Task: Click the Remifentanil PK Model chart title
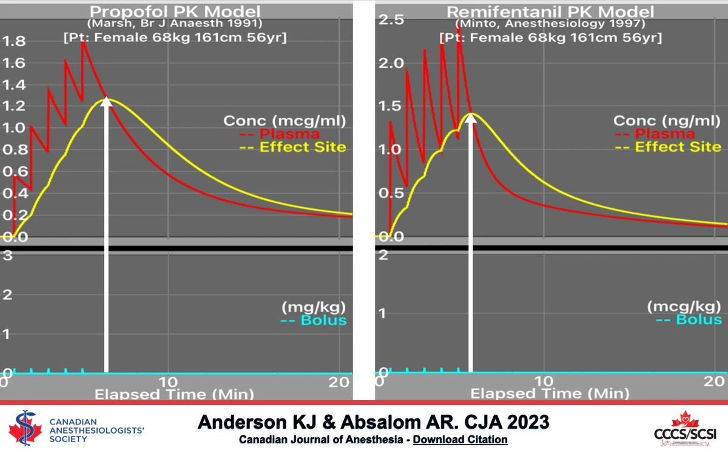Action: coord(550,12)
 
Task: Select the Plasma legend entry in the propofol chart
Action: coord(289,134)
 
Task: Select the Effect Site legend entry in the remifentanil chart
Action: coord(678,147)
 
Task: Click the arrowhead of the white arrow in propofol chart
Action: coord(107,102)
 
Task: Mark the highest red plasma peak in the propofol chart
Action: coord(84,43)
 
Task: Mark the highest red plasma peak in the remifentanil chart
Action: coord(459,41)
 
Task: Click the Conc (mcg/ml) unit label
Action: coord(285,121)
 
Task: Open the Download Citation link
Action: coord(460,439)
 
